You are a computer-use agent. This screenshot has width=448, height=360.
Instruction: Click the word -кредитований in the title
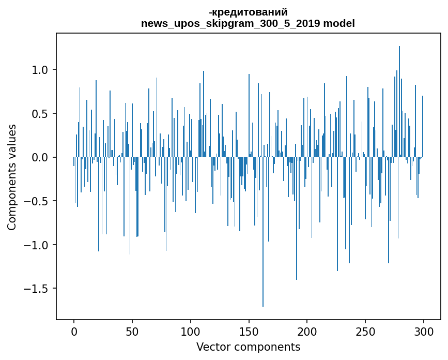(x=248, y=12)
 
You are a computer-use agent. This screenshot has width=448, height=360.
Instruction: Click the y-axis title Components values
(x=12, y=177)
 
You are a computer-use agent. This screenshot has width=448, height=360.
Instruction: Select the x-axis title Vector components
(x=248, y=347)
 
